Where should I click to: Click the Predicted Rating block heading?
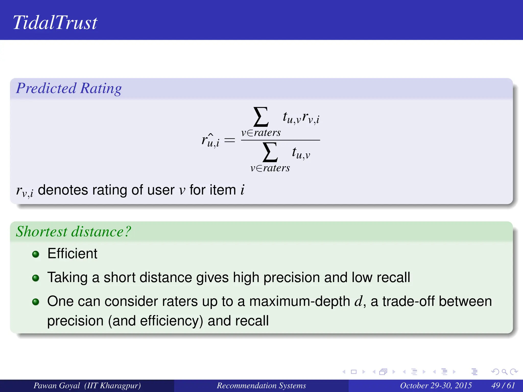(x=69, y=88)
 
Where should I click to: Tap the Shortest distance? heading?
(x=73, y=231)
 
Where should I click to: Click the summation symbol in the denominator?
(x=270, y=152)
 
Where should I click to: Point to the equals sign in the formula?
(x=229, y=140)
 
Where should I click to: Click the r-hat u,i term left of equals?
(x=210, y=140)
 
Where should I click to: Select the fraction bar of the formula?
(x=280, y=140)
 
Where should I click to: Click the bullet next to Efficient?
(x=36, y=254)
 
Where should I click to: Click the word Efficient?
(x=72, y=254)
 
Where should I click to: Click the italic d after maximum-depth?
(x=358, y=301)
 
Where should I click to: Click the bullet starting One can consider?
(x=36, y=302)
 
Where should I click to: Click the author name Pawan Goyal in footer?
(x=57, y=385)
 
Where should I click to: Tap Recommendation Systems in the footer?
(x=261, y=385)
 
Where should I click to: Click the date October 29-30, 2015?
(x=436, y=385)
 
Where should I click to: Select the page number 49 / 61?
(x=503, y=385)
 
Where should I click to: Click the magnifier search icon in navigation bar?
(x=504, y=372)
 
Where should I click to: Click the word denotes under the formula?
(x=63, y=190)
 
